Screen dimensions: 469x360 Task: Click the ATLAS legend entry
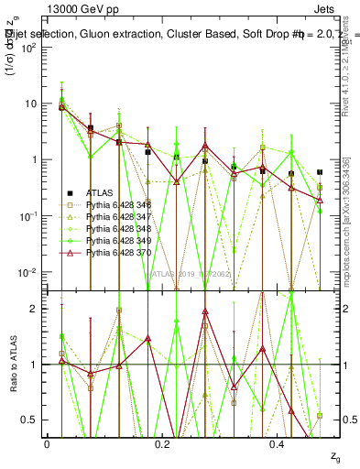(x=100, y=192)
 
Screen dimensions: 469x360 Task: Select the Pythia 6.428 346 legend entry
(x=115, y=203)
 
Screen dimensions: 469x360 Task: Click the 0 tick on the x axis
(x=47, y=444)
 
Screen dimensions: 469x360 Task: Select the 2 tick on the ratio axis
(x=38, y=308)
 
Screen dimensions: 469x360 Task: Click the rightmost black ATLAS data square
(x=320, y=172)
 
